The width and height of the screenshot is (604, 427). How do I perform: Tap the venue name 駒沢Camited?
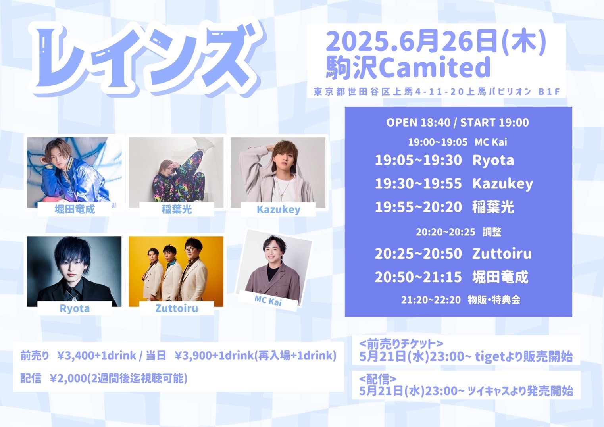[x=408, y=67]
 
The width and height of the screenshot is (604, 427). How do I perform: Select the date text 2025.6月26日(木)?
[x=436, y=42]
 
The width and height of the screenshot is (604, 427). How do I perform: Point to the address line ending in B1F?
[x=437, y=92]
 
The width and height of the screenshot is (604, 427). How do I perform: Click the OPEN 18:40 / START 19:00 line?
[x=458, y=123]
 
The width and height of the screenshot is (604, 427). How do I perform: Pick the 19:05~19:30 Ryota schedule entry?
[x=444, y=160]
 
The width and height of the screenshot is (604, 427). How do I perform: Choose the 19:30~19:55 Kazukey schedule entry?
[x=454, y=184]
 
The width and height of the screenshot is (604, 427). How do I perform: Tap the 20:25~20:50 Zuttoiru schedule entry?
[x=453, y=254]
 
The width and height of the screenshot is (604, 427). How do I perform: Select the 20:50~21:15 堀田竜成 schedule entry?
[x=452, y=277]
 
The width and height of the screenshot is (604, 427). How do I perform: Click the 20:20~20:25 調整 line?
[x=459, y=232]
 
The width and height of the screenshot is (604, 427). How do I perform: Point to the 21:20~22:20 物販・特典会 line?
[x=461, y=300]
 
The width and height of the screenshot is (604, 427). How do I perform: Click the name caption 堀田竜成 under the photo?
[x=75, y=210]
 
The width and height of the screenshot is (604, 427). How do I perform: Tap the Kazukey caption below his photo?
[x=278, y=210]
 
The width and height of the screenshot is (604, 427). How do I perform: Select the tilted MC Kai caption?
[x=268, y=300]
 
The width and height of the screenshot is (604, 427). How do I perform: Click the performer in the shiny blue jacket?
[x=74, y=172]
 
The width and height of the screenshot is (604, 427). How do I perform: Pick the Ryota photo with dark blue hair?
[x=74, y=271]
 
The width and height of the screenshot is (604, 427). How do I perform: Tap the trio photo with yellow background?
[x=176, y=271]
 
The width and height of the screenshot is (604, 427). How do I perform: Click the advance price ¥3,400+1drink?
[x=97, y=356]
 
